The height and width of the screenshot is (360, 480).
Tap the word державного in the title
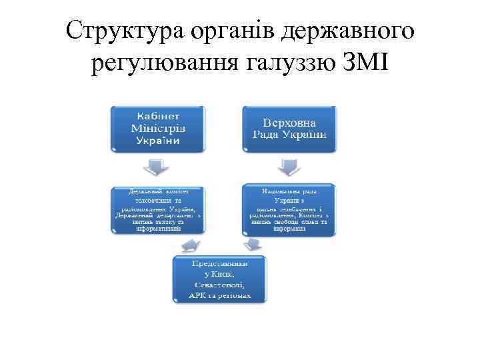[347, 31]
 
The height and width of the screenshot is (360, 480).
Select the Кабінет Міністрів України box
[158, 127]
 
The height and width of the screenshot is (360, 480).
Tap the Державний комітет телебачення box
[158, 209]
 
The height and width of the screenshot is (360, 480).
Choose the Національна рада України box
[289, 209]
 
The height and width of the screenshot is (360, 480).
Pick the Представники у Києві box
[219, 279]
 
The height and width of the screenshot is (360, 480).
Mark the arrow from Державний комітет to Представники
[189, 245]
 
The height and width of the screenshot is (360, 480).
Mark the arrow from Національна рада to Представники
[252, 245]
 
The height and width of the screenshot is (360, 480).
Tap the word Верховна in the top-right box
[289, 123]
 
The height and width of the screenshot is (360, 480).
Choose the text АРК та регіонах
[219, 295]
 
